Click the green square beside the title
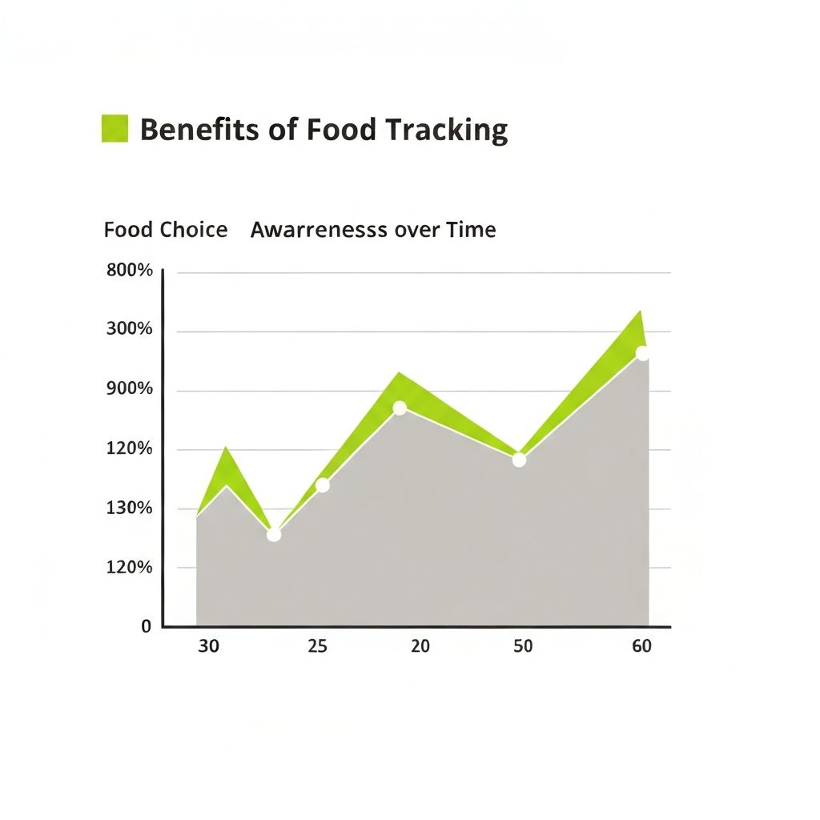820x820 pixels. click(x=115, y=129)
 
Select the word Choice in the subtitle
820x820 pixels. click(x=193, y=231)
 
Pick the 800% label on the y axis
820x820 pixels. click(x=130, y=271)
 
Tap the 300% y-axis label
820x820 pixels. click(x=130, y=330)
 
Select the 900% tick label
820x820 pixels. click(x=130, y=389)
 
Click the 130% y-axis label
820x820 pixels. click(x=130, y=508)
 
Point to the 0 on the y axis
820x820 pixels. click(x=146, y=626)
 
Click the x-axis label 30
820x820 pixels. click(x=208, y=646)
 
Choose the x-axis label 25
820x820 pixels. click(x=317, y=646)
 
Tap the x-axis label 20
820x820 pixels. click(x=420, y=646)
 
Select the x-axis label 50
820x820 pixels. click(x=522, y=646)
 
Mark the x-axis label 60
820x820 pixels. click(x=641, y=646)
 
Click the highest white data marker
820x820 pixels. click(x=642, y=353)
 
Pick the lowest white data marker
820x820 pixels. click(x=274, y=534)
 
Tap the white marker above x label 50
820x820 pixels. click(x=519, y=460)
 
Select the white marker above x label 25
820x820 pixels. click(x=323, y=485)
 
